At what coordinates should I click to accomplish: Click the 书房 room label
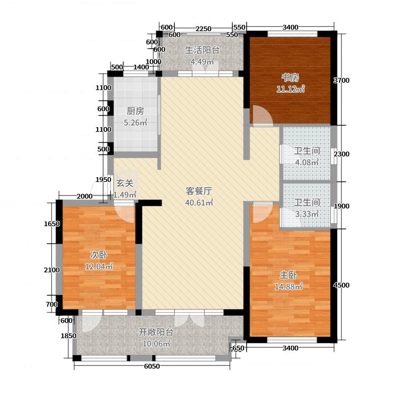pos(290,78)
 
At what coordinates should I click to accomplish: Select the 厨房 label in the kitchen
pos(135,111)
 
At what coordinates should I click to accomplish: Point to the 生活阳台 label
pos(202,50)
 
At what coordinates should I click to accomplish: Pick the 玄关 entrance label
pos(125,183)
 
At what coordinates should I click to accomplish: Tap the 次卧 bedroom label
pos(98,255)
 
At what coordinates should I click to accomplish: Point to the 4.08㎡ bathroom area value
pos(307,163)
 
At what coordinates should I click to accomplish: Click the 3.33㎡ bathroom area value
pos(307,214)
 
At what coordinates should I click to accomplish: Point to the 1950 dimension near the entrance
pos(103,180)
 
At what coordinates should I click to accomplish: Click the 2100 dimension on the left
pos(51,270)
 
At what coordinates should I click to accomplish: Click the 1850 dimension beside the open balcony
pos(69,336)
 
